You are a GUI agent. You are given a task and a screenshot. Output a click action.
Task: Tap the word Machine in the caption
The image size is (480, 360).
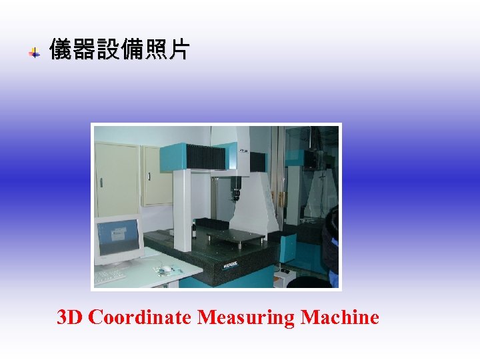pos(339,317)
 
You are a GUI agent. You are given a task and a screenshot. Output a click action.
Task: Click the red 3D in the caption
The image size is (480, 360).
pos(71,317)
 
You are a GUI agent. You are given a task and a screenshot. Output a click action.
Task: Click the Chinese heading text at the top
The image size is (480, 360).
pos(119,49)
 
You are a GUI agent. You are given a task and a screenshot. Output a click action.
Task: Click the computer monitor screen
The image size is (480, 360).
pos(118,237)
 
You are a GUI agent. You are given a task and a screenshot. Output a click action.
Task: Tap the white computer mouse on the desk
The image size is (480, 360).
pos(167,268)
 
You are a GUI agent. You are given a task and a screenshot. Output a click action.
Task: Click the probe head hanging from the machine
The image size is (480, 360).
pos(235,194)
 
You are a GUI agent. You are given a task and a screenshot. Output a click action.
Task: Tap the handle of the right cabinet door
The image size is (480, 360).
pos(149,176)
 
